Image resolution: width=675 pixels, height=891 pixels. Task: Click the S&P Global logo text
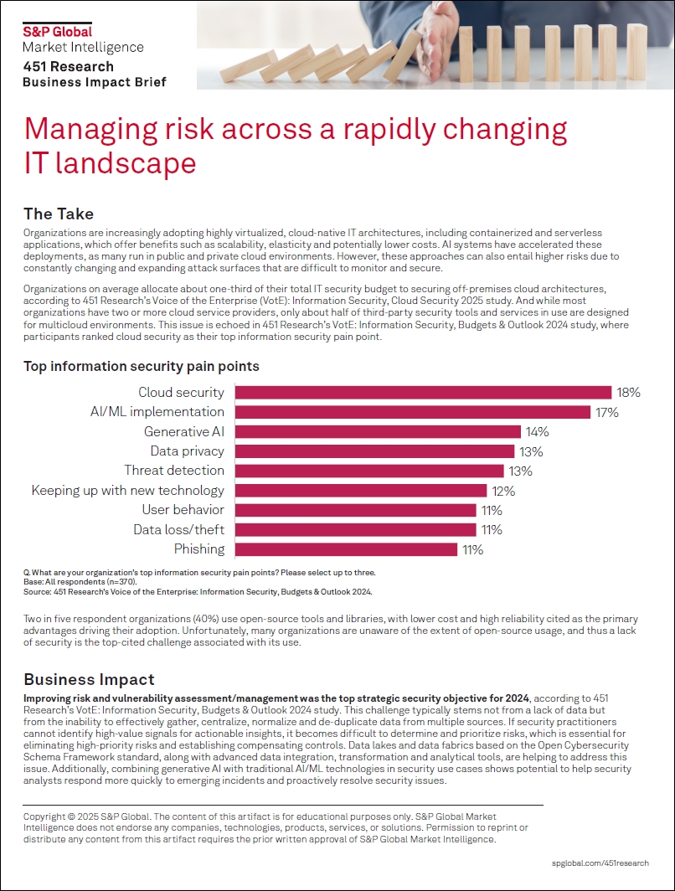(x=57, y=32)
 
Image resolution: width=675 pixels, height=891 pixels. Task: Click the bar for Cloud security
(x=423, y=392)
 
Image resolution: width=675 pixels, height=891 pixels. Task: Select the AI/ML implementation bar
(x=412, y=412)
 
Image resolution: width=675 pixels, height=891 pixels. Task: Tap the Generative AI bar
(x=378, y=432)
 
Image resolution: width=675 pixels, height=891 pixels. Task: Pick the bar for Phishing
(x=346, y=549)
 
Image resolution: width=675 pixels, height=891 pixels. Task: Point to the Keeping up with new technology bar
(x=360, y=491)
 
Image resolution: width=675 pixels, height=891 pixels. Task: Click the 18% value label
(x=628, y=392)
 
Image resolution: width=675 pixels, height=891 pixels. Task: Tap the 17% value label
(x=607, y=412)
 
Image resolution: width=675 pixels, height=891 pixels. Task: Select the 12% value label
(x=504, y=491)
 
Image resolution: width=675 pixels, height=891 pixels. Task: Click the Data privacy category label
(x=187, y=451)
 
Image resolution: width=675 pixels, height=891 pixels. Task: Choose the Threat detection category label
(x=174, y=471)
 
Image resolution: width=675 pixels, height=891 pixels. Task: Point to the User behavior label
(x=182, y=510)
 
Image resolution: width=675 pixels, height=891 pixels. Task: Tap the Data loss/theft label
(x=178, y=529)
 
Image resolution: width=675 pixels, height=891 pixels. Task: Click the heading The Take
(x=59, y=214)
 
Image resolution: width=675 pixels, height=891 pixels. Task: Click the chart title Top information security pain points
(x=141, y=366)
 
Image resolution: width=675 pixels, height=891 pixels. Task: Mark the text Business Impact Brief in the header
(x=94, y=82)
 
